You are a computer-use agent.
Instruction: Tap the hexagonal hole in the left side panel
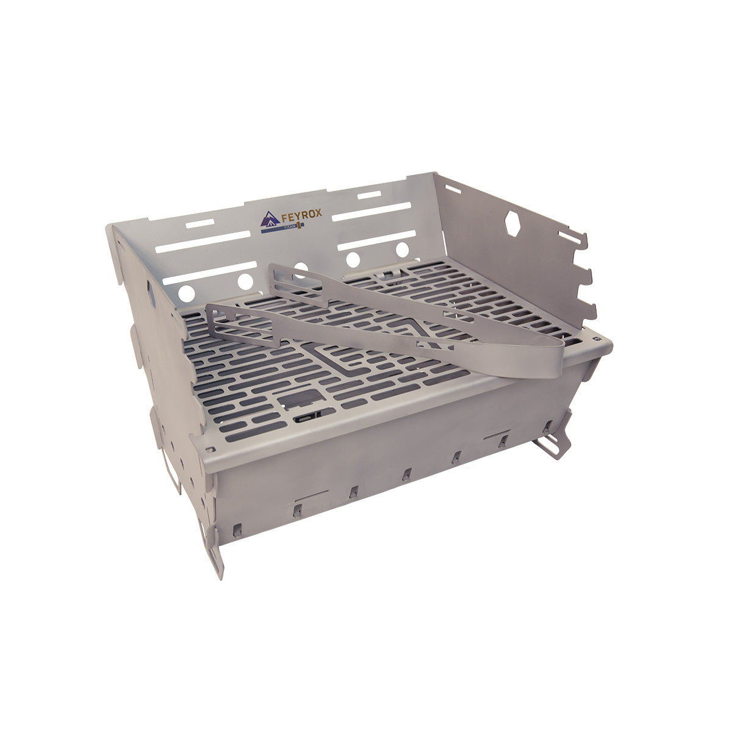(150, 292)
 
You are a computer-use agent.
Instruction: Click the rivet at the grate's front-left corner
(211, 450)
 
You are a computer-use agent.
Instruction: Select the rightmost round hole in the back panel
(402, 249)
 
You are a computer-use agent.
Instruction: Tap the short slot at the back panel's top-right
(369, 195)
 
